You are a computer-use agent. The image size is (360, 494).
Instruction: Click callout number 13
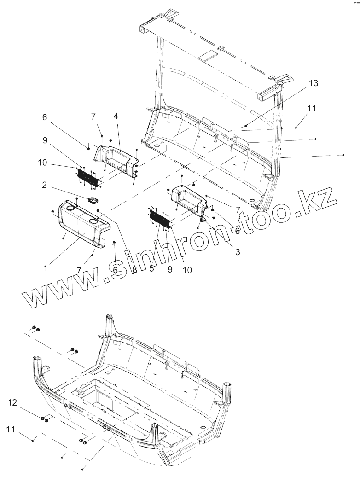[314, 83]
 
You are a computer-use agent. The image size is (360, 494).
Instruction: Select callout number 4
[116, 116]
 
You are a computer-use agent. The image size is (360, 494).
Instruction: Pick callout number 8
[134, 270]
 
